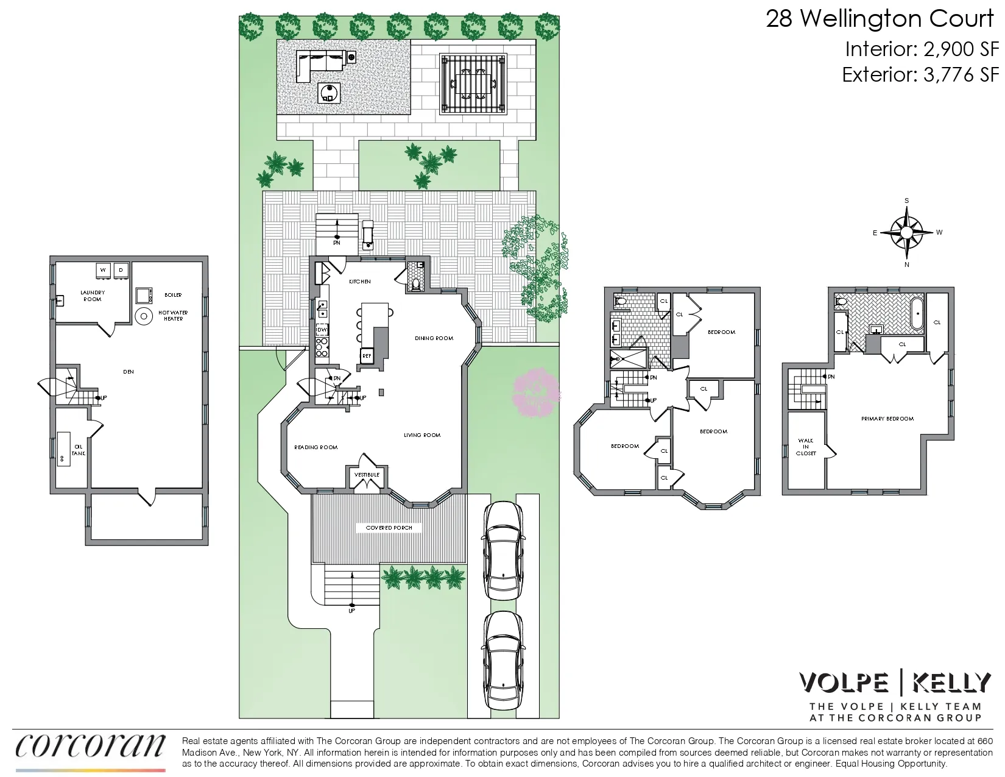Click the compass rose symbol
[906, 233]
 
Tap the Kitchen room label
[359, 282]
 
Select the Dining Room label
[434, 338]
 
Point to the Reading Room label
[316, 447]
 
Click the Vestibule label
[367, 475]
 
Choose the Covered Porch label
[389, 528]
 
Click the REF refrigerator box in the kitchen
[367, 356]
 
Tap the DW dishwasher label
[322, 330]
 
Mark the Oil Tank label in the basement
[78, 450]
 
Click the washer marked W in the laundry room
[103, 270]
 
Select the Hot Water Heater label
[173, 316]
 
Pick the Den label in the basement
[128, 372]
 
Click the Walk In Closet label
[805, 447]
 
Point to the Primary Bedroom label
[887, 419]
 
